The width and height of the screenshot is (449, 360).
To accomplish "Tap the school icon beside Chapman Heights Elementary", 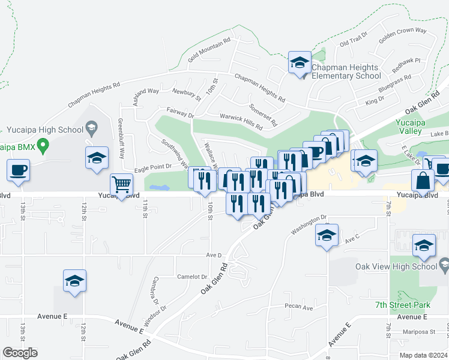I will [x=300, y=62].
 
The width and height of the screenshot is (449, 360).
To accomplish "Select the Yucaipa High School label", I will [x=45, y=130].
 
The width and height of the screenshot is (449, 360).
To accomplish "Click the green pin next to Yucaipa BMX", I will [x=42, y=145].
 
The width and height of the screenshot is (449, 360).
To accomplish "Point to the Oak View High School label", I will [x=405, y=266].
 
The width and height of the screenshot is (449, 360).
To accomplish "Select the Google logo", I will [x=20, y=353].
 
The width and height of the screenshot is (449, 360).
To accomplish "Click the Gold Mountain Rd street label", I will [x=209, y=51].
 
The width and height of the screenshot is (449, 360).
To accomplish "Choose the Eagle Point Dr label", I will [x=152, y=167].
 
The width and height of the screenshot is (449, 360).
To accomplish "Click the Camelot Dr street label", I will [x=192, y=277].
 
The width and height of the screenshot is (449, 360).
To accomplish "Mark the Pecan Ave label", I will [x=300, y=308].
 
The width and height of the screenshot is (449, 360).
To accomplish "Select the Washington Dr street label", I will [x=309, y=226].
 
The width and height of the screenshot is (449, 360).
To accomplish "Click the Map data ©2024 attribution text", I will [x=422, y=355].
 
